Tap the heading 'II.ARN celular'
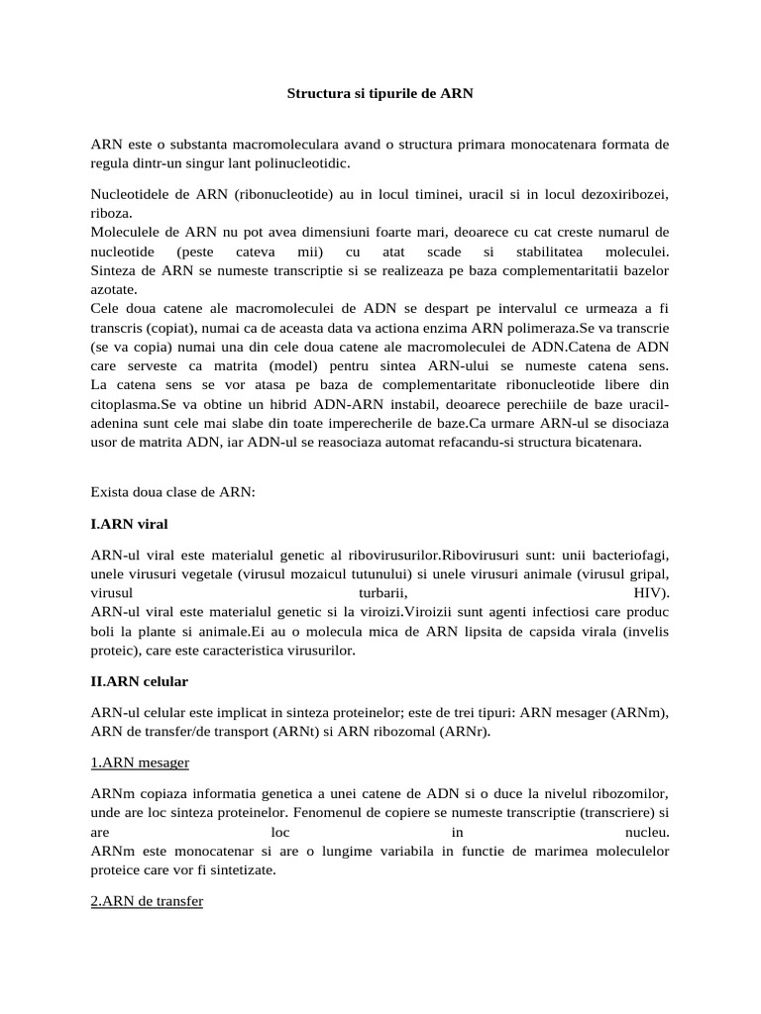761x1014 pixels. click(139, 682)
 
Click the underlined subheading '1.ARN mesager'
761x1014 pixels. click(140, 762)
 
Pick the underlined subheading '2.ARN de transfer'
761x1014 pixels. click(147, 903)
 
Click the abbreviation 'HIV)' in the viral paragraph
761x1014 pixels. click(651, 592)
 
